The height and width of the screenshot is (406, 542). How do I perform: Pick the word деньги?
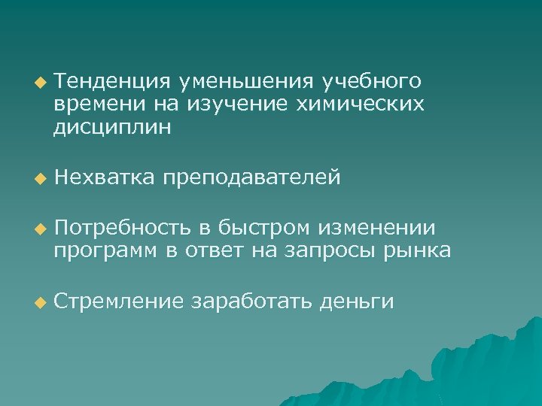(x=357, y=302)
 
